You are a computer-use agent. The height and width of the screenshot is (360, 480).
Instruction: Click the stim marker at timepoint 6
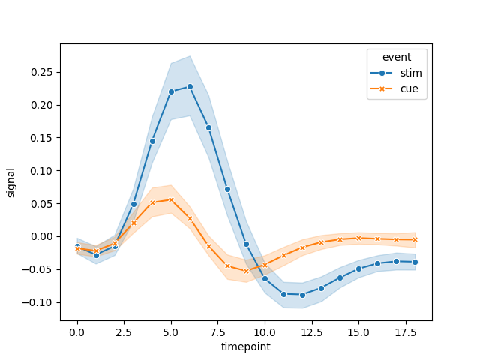[x=190, y=86]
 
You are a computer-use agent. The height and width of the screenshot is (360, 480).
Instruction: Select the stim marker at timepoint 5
[x=171, y=91]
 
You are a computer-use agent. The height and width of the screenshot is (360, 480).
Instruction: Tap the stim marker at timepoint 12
[x=302, y=295]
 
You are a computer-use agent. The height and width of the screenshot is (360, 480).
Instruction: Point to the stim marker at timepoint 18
[x=415, y=262]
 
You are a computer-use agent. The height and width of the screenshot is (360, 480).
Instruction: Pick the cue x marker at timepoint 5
[x=171, y=199]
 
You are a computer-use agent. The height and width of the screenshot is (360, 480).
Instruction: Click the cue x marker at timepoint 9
[x=246, y=271]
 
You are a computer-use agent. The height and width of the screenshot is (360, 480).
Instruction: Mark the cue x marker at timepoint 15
[x=358, y=238]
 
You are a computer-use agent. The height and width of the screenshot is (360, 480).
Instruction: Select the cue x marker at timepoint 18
[x=415, y=239]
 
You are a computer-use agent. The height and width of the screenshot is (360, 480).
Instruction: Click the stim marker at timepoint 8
[x=227, y=189]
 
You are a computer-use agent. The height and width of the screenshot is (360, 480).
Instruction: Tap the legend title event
[x=394, y=57]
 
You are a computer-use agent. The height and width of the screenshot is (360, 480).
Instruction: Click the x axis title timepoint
[x=245, y=347]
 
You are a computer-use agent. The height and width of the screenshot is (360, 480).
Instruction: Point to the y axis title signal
[x=11, y=182]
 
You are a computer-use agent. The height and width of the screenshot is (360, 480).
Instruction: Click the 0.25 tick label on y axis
[x=39, y=72]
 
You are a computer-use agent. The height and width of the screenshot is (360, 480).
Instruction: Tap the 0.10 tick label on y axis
[x=39, y=171]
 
